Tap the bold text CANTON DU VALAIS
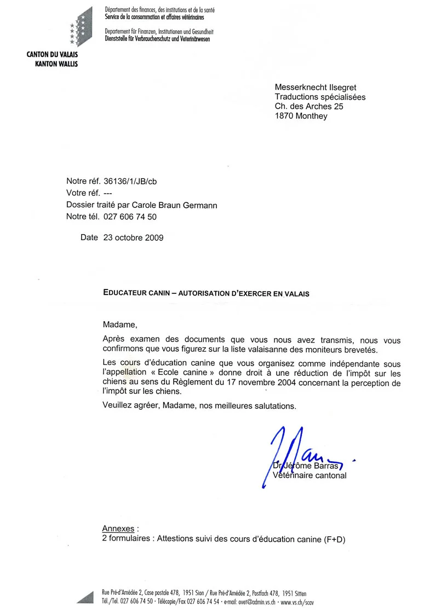click(x=52, y=55)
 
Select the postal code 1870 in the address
click(x=284, y=116)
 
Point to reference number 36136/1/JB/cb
click(x=133, y=181)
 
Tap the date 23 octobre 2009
click(x=133, y=238)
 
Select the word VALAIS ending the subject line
click(x=297, y=293)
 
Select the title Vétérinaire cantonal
click(x=310, y=475)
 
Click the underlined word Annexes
click(x=118, y=529)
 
